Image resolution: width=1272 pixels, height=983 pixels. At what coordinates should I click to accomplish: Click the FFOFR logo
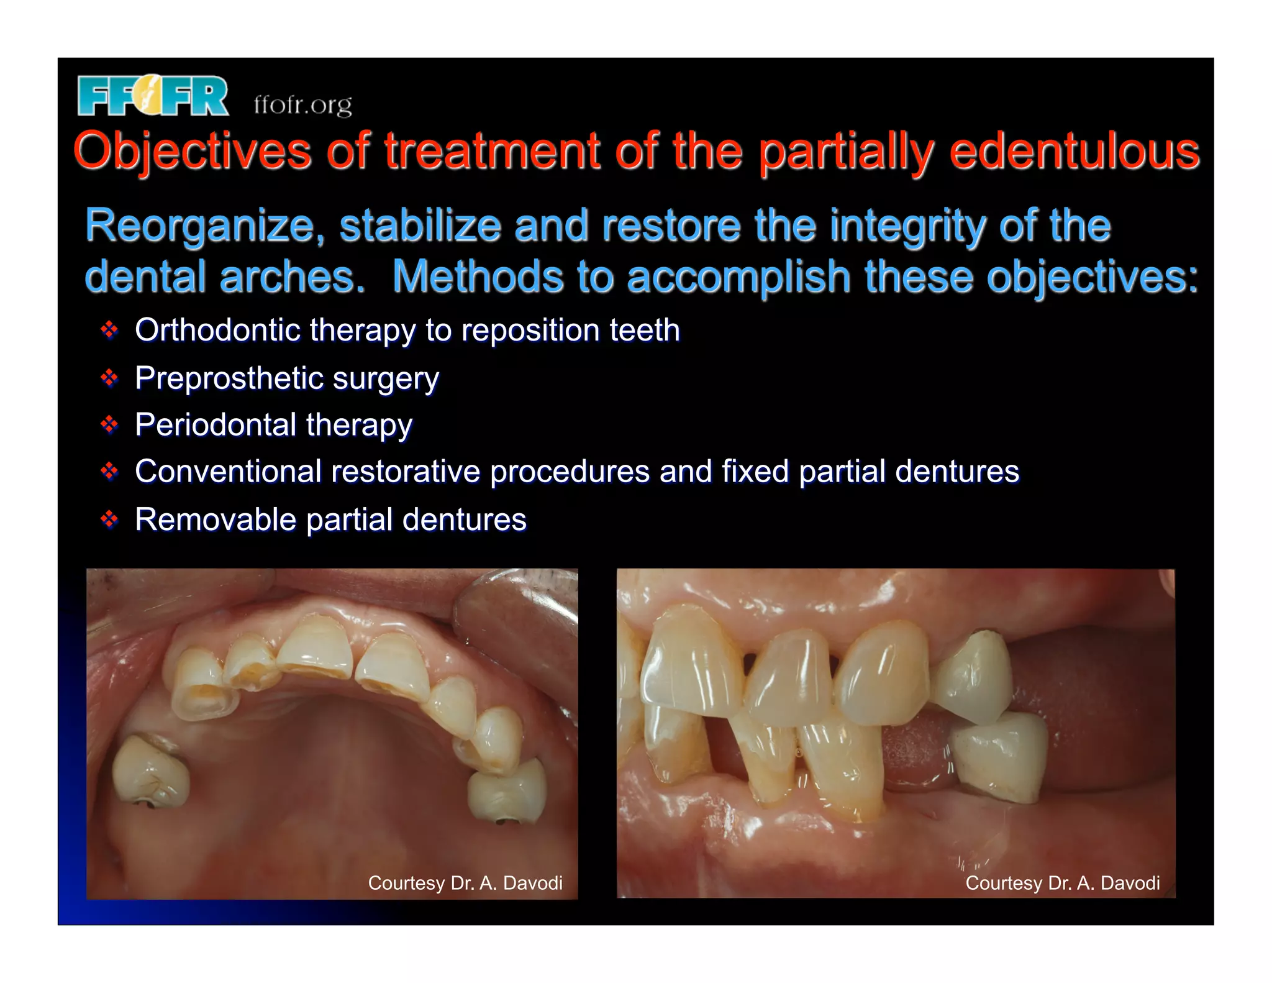pos(153,96)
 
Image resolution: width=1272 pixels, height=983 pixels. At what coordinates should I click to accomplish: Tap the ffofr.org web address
pos(302,104)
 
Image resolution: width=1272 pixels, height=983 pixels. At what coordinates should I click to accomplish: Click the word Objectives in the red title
pos(192,151)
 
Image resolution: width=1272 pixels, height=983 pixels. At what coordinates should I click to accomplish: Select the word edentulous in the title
pos(1074,151)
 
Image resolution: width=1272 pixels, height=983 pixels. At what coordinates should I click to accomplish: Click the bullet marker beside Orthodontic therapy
pos(109,330)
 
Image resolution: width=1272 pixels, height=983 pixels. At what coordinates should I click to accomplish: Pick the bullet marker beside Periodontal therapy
pos(109,425)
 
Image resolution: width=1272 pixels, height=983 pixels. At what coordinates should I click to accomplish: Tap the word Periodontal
pos(216,425)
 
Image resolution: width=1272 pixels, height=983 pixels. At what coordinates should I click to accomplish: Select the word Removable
pos(215,519)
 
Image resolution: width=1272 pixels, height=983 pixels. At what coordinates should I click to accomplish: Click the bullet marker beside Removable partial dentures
pos(109,519)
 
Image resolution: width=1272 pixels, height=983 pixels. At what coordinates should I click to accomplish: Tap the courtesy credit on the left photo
pos(465,883)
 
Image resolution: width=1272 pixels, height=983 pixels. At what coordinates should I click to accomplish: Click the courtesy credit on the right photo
pos(1062,883)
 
